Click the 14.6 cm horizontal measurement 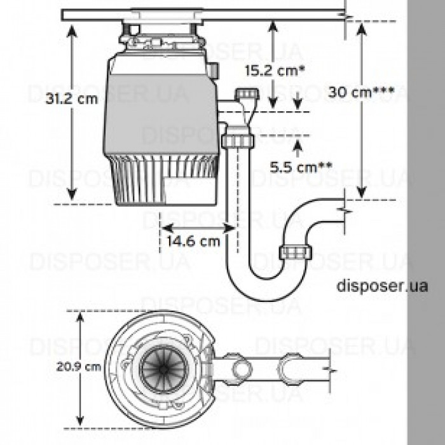[x=193, y=241]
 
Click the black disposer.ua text [x=374, y=285]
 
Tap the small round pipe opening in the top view [x=242, y=369]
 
